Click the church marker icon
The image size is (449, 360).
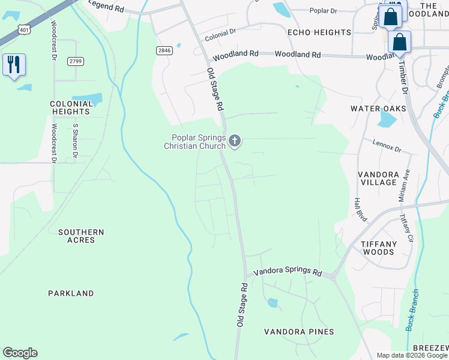point(235,141)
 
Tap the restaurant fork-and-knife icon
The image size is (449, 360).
point(14,64)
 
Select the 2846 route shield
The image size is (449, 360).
point(165,51)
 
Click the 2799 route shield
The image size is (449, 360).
point(75,61)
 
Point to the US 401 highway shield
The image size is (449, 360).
point(23,29)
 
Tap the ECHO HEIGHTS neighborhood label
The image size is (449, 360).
point(319,32)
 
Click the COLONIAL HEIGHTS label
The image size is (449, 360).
point(71,107)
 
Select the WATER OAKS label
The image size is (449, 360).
point(378,109)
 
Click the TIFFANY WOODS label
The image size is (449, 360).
point(379,248)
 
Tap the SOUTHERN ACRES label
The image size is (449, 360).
point(81,236)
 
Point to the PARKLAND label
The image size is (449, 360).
point(71,293)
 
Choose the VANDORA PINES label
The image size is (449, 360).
point(299,332)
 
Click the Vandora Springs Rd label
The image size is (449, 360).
point(288,272)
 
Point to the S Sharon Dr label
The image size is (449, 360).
point(76,141)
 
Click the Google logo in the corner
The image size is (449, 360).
point(20,353)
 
